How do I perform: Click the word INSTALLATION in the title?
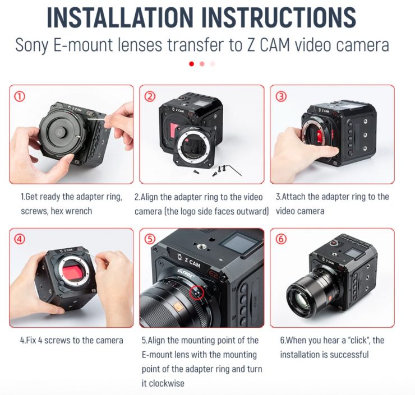click(120, 17)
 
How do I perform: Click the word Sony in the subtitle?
click(32, 45)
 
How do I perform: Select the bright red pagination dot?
click(192, 64)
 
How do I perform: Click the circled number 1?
click(19, 96)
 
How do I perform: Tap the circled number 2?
click(150, 96)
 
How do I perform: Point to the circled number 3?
click(281, 96)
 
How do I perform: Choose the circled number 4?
click(19, 239)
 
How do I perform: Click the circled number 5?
click(150, 239)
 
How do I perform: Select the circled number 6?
click(281, 239)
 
